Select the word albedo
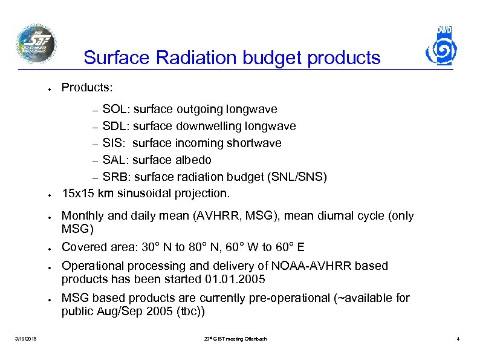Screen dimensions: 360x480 192,160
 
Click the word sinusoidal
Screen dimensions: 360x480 143,194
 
